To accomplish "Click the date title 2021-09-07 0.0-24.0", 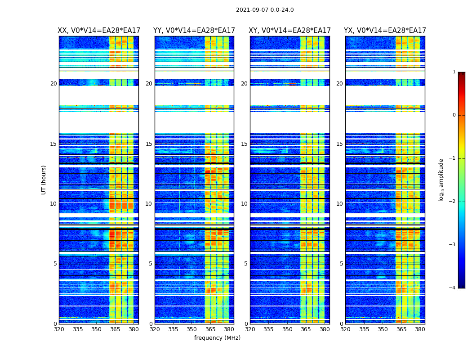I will (265, 10).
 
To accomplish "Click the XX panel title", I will (98, 31).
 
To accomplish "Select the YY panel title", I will (194, 31).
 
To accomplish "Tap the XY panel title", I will (290, 31).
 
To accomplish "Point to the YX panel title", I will (385, 31).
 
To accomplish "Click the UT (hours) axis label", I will (44, 180).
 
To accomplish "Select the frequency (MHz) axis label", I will (217, 338).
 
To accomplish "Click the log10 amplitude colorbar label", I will (441, 180).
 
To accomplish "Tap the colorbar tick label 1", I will (454, 72).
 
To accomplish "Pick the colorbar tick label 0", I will (454, 115).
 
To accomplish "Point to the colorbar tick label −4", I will (453, 288).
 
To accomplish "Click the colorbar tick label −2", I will (453, 202).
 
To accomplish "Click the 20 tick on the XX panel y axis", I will (53, 84).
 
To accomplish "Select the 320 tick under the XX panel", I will (59, 329).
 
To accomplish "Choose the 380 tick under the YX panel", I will (420, 329).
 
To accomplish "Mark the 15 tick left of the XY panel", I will (244, 144).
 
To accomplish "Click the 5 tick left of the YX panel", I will (342, 264).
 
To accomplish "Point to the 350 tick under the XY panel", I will (287, 329).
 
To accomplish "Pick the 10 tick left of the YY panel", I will (149, 204).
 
